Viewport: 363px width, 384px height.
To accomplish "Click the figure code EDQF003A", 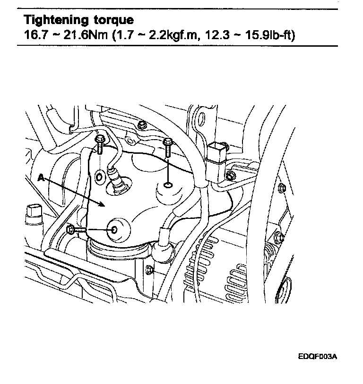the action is coord(317,357).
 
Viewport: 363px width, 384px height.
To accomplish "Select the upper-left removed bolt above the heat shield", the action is coord(100,145).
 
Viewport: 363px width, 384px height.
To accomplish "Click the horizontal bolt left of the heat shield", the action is coord(76,230).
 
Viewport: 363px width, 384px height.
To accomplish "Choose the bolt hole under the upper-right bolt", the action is coord(168,186).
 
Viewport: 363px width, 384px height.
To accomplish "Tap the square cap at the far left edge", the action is coord(33,210).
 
